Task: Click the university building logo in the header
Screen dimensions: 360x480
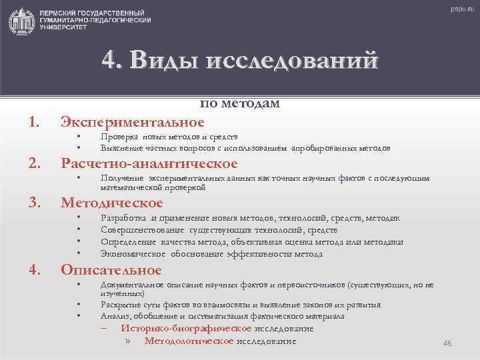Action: [x=22, y=21]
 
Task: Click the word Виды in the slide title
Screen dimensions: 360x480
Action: [x=161, y=61]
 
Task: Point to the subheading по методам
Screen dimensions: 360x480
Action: [x=240, y=103]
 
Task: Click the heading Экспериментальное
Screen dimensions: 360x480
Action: [x=132, y=122]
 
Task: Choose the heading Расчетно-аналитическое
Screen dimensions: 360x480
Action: [x=149, y=163]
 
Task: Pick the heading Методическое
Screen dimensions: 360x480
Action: [x=111, y=203]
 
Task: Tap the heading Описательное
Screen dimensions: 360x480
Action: [x=111, y=270]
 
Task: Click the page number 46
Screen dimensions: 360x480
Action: [x=447, y=343]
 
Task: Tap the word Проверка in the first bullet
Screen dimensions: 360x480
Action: [x=116, y=137]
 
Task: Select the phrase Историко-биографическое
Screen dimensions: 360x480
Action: [x=185, y=329]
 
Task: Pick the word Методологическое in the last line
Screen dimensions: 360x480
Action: [x=189, y=341]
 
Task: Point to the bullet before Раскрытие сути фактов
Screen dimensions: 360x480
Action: [x=79, y=305]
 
